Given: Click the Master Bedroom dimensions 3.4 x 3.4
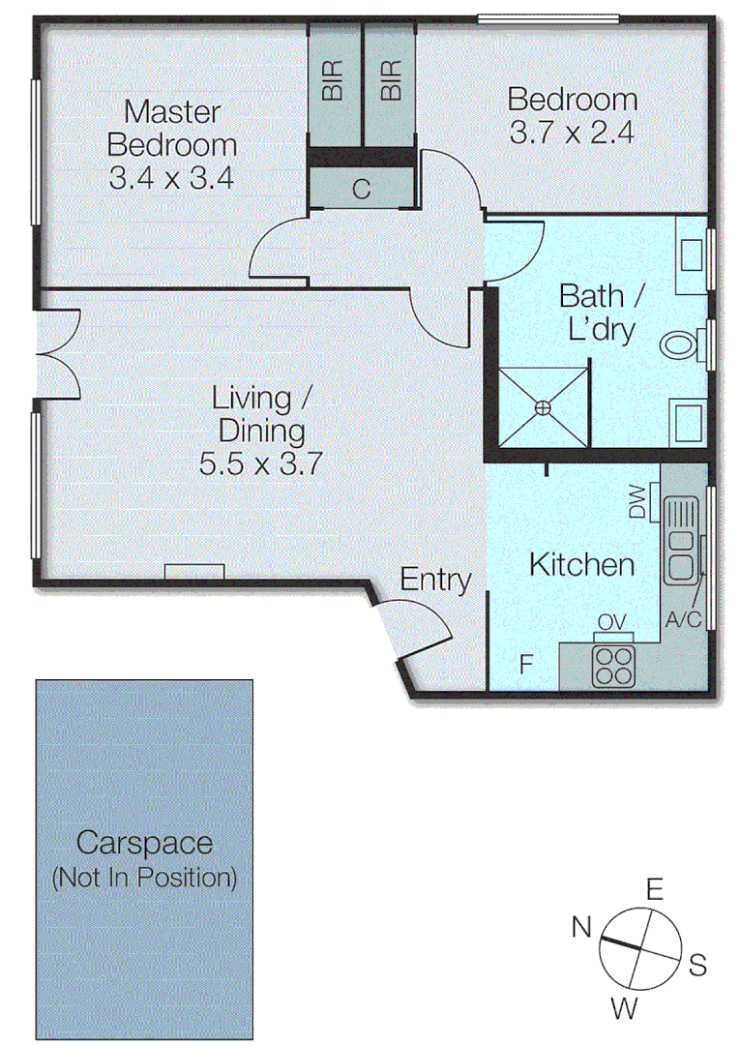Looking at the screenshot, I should (x=171, y=178).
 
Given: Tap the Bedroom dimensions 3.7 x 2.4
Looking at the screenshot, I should (x=572, y=132).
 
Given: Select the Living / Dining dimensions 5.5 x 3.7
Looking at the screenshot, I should (x=260, y=463).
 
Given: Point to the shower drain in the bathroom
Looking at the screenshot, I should (x=544, y=408).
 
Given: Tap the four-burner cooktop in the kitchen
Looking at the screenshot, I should (x=611, y=664).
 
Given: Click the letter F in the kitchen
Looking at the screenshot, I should (x=526, y=665).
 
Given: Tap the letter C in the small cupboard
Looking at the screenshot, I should (x=361, y=190).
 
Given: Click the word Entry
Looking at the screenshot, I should (x=436, y=581).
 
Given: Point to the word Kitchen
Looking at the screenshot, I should (x=581, y=565).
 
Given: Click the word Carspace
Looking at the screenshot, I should (x=144, y=843).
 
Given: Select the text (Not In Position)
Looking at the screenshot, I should (x=144, y=878).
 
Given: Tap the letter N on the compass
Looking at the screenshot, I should (x=581, y=927).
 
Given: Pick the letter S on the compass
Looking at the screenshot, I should (x=697, y=965).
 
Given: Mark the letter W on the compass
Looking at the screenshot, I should (x=624, y=1009).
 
